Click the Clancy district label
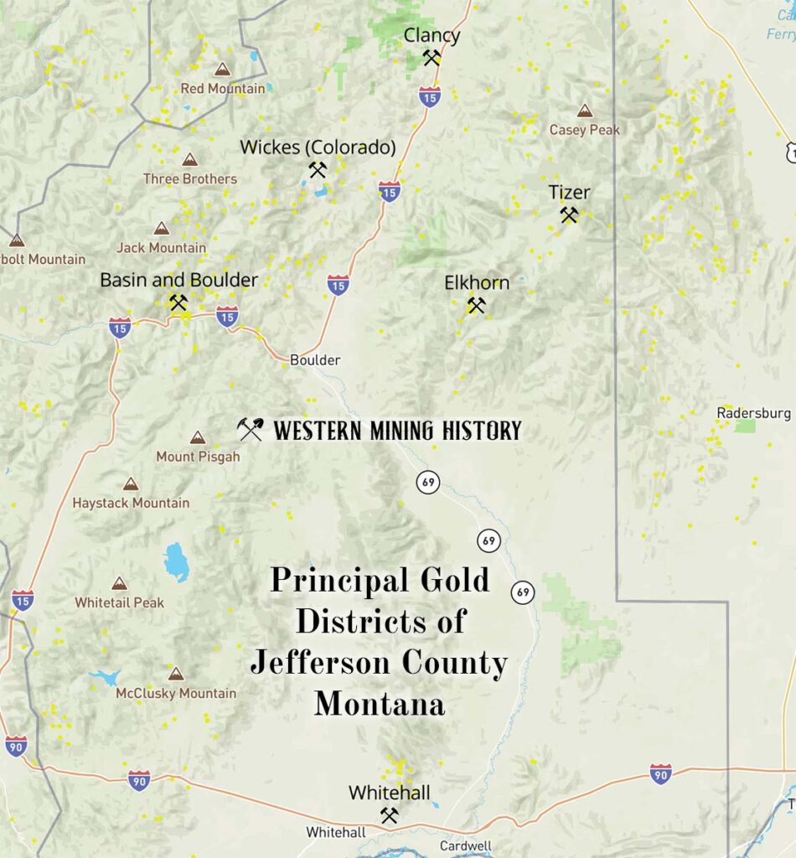point(432,35)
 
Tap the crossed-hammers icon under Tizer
point(569,215)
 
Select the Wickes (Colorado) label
point(318,147)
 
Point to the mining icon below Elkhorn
point(476,306)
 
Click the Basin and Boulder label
point(178,280)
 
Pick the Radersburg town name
point(753,413)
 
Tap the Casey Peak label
point(585,130)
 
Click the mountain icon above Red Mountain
point(222,70)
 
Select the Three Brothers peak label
point(190,178)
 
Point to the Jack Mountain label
point(161,247)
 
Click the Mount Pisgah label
point(198,457)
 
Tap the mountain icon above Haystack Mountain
point(131,483)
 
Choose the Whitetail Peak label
point(119,602)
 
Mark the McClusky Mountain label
point(176,693)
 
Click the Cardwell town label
point(465,845)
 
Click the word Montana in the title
point(379,703)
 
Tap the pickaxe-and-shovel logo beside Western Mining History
point(250,430)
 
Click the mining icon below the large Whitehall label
point(389,814)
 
